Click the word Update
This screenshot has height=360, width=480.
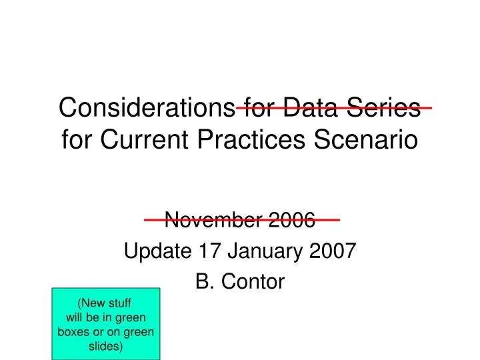tap(152, 251)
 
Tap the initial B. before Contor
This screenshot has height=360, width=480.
tap(203, 283)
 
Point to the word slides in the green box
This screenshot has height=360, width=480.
tap(106, 347)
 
